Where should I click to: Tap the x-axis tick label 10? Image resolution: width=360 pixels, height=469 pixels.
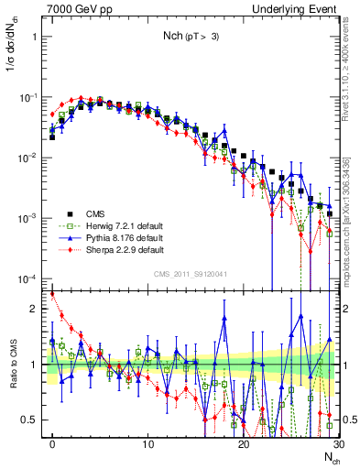148,442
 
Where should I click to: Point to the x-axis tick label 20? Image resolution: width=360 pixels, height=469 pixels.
243,442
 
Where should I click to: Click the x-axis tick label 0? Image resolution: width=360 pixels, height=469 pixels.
53,442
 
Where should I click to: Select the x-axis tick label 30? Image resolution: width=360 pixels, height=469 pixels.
337,442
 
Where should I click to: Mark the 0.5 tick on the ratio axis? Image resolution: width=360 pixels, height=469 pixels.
32,420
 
